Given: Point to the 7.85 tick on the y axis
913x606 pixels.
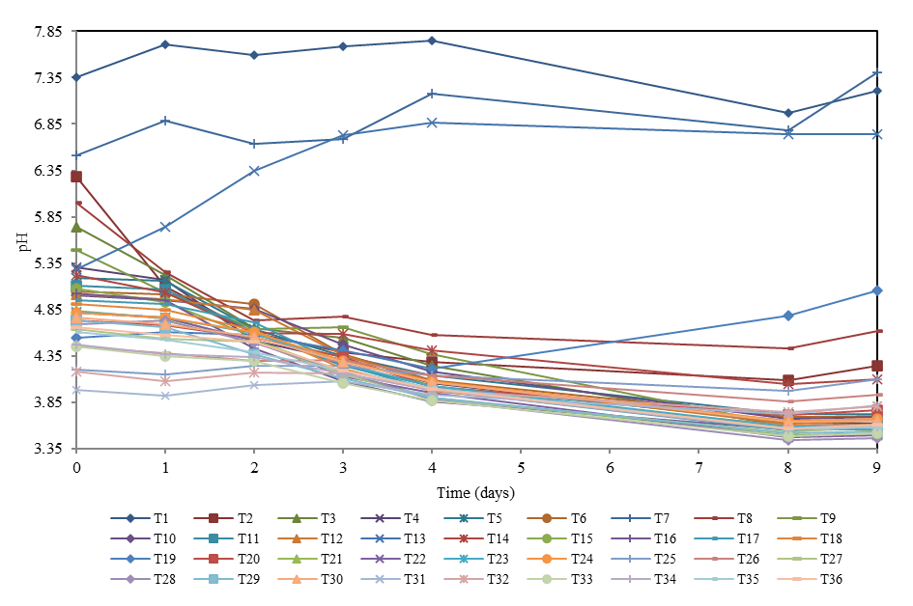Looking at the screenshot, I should point(47,32).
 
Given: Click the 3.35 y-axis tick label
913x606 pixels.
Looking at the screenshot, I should point(47,449).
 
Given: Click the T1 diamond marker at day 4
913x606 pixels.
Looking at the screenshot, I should point(432,41).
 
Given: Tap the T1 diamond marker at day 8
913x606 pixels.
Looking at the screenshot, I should point(788,113).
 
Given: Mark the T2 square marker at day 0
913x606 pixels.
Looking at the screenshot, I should point(75,177).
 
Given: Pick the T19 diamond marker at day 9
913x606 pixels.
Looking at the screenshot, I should point(876,290).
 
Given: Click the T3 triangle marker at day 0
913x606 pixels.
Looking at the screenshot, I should point(75,227).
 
